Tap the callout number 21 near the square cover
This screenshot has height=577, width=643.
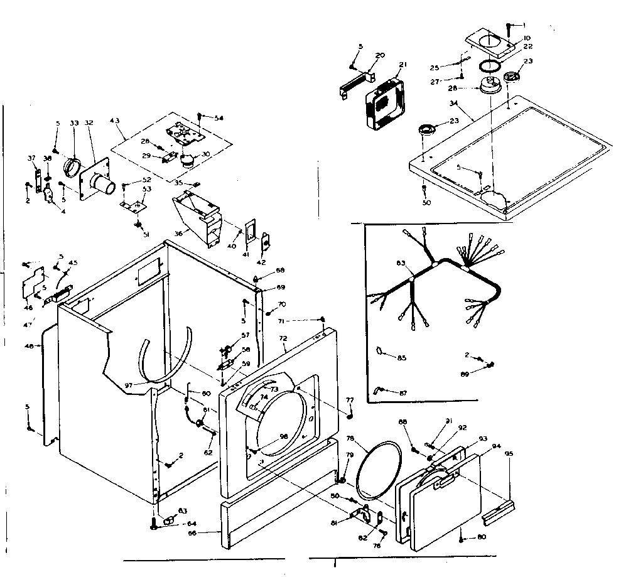click(x=403, y=64)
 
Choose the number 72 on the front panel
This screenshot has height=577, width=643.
click(x=283, y=338)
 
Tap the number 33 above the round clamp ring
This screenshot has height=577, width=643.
click(x=74, y=124)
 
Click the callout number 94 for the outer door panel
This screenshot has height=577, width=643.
click(x=496, y=446)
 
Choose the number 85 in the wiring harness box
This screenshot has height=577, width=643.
click(x=402, y=358)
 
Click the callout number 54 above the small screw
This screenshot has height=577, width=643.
click(x=219, y=118)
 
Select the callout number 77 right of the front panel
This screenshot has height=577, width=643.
click(x=350, y=400)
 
